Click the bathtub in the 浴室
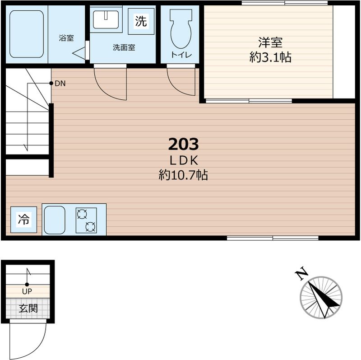point(27,34)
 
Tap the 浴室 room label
point(66,38)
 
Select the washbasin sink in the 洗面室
point(106,19)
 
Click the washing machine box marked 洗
point(141,21)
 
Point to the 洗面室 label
point(124,47)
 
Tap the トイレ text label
point(181,55)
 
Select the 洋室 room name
point(270,42)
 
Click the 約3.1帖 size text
point(270,57)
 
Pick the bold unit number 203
point(183,144)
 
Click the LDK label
point(184,161)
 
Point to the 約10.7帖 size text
point(183,175)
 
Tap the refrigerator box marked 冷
point(24,220)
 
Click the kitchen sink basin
point(55,220)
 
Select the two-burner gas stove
point(86,220)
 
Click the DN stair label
point(60,84)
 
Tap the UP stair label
point(27,291)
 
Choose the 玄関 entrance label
point(28,308)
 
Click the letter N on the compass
point(301,274)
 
